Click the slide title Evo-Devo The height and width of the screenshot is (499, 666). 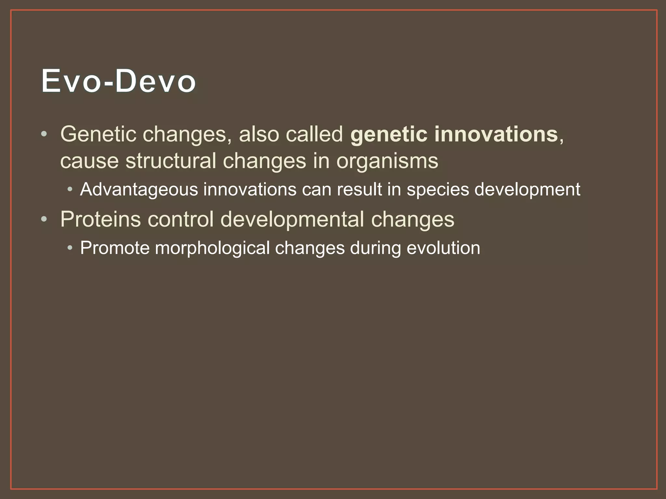118,81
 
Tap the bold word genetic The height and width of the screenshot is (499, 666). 389,134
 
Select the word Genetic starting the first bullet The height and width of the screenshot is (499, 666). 98,134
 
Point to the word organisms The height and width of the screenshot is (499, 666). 387,161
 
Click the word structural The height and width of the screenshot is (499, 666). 171,161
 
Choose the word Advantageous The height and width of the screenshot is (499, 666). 139,190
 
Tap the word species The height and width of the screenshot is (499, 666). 438,190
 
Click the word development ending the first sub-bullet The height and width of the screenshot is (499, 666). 527,190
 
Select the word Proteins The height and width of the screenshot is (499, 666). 100,219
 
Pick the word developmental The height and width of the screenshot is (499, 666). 292,220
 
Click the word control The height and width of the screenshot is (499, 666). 180,219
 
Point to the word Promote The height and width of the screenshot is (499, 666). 114,248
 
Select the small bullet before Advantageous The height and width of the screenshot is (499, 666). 70,189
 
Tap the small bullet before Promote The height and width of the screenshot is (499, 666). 70,248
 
